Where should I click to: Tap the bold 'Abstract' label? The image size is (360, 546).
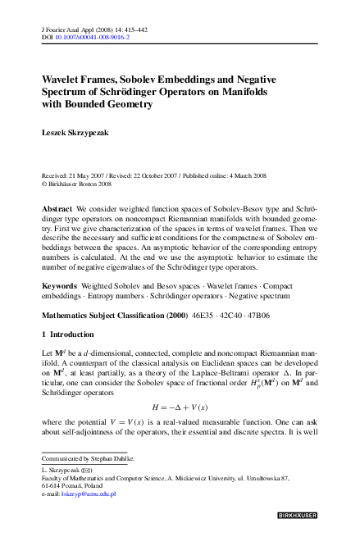pos(57,209)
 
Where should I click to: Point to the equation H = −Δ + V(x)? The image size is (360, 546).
pos(179,407)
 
